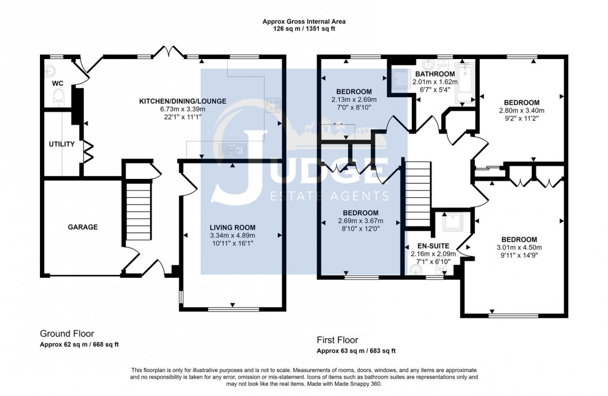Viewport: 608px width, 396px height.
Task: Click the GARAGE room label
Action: pyautogui.click(x=82, y=227)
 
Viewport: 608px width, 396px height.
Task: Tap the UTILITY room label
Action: pyautogui.click(x=61, y=144)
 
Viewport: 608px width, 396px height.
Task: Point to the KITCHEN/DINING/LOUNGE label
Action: pyautogui.click(x=182, y=101)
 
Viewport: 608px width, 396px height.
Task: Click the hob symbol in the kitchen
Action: pyautogui.click(x=274, y=106)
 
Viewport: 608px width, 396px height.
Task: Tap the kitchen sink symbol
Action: pyautogui.click(x=229, y=149)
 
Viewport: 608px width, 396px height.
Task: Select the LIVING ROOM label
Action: pyautogui.click(x=232, y=227)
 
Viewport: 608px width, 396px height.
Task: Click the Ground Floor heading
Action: pyautogui.click(x=67, y=333)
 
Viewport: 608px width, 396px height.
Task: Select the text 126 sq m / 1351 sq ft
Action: pyautogui.click(x=304, y=29)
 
